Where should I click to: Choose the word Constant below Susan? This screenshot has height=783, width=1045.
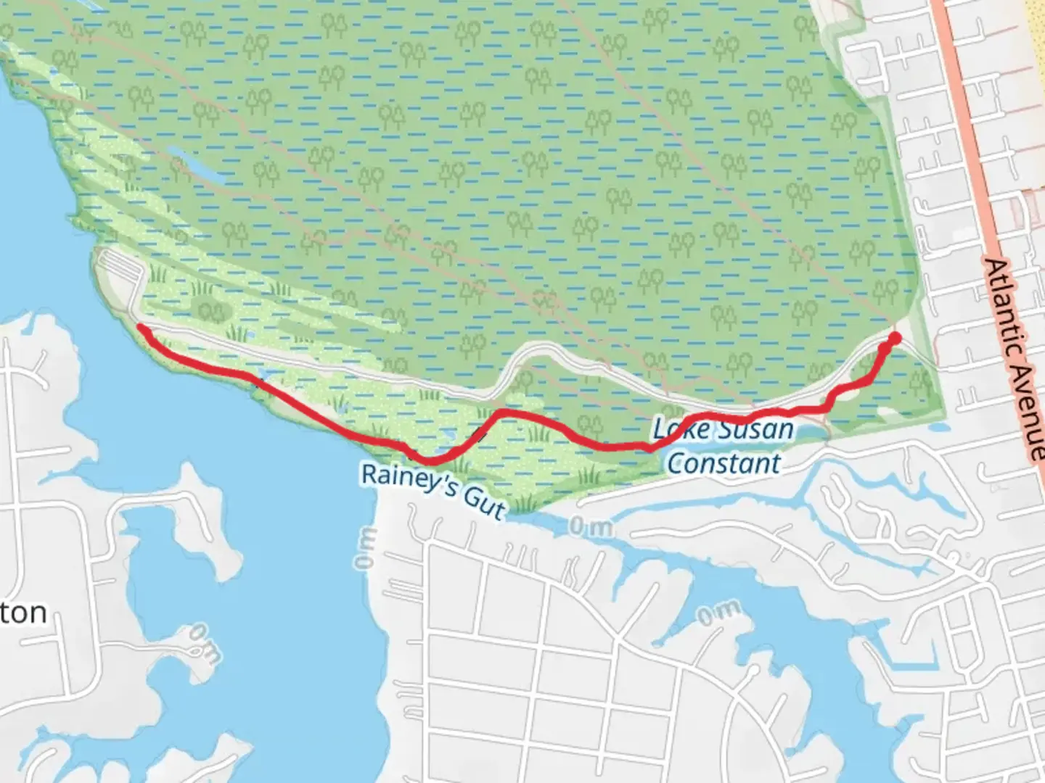click(724, 463)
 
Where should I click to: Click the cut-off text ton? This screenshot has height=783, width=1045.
click(23, 613)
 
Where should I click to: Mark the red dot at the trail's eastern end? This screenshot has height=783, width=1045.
click(895, 338)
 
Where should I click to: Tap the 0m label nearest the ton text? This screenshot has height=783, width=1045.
click(204, 644)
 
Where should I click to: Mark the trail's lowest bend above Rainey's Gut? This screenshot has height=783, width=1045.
click(430, 461)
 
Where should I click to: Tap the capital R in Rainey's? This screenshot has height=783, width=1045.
click(369, 473)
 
